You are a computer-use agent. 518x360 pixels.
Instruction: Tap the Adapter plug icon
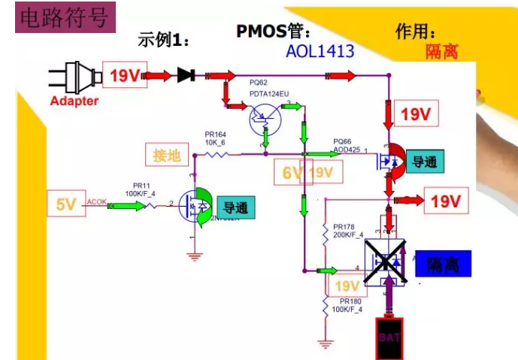pos(74,78)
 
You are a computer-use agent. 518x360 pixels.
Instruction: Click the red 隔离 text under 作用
pos(441,52)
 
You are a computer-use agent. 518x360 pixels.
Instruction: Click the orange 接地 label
pos(166,156)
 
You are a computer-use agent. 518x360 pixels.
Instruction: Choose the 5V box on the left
pos(65,203)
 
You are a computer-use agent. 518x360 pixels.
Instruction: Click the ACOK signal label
pos(96,201)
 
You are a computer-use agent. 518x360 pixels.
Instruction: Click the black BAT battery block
pos(389,338)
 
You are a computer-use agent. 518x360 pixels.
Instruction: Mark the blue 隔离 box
pos(442,264)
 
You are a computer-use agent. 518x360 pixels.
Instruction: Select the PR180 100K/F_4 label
pos(347,304)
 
